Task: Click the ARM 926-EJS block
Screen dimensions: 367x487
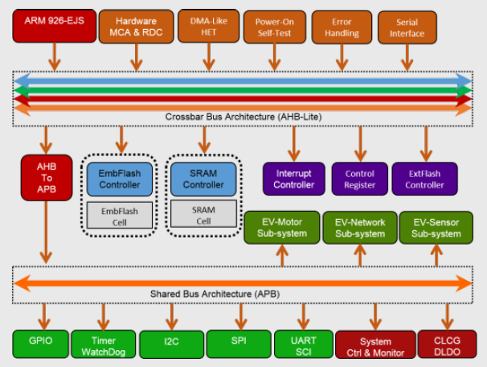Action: coord(53,25)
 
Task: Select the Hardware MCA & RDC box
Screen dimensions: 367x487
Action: coord(136,25)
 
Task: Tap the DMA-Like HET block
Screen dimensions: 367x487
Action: coord(207,25)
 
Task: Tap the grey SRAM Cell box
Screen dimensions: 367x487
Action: coord(203,214)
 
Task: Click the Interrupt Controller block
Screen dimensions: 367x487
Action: coord(293,179)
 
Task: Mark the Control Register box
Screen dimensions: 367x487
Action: coord(359,179)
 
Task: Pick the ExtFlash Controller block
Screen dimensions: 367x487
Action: coord(424,179)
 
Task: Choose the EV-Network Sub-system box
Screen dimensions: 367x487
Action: coord(359,228)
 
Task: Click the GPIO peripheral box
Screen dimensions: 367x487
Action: coord(40,342)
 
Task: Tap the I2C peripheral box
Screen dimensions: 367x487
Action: coord(170,343)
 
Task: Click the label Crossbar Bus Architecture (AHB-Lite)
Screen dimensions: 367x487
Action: coord(243,116)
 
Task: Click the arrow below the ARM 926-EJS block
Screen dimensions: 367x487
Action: coord(54,56)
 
